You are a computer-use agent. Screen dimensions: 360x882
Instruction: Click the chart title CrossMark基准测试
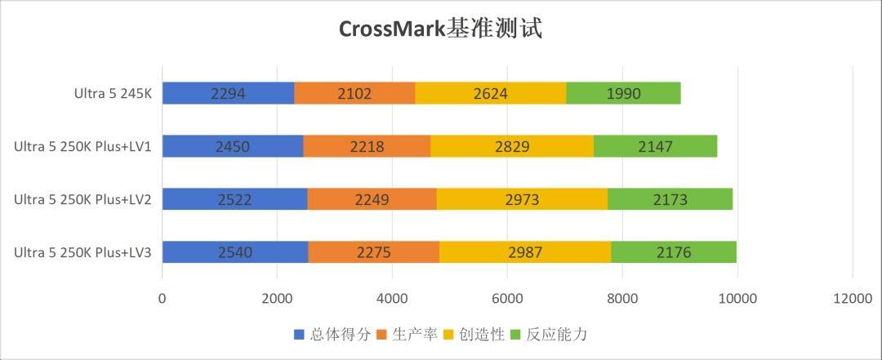[441, 29]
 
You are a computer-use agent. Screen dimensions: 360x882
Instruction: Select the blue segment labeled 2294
[228, 93]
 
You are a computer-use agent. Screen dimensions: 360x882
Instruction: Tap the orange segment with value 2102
[354, 93]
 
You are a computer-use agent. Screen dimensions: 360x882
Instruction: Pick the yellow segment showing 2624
[490, 93]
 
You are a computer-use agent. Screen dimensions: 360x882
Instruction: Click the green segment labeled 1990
[623, 93]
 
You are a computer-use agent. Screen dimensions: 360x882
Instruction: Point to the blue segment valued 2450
[233, 146]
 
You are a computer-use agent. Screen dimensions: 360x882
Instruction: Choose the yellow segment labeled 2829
[512, 146]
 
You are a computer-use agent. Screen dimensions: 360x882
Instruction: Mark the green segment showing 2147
[655, 146]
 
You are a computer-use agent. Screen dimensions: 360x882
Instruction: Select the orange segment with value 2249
[372, 199]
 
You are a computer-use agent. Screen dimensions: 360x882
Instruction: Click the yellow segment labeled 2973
[522, 199]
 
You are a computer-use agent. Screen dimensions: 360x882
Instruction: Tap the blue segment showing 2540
[235, 252]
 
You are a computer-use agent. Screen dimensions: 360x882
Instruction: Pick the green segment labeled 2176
[674, 252]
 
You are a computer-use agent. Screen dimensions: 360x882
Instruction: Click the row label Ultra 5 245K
[113, 93]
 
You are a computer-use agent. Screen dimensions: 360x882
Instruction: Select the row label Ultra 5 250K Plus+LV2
[82, 199]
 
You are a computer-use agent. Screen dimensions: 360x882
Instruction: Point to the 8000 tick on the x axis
[622, 299]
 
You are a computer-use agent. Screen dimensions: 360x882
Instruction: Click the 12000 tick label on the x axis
[853, 299]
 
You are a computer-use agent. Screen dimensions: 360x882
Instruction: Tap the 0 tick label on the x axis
[163, 299]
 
